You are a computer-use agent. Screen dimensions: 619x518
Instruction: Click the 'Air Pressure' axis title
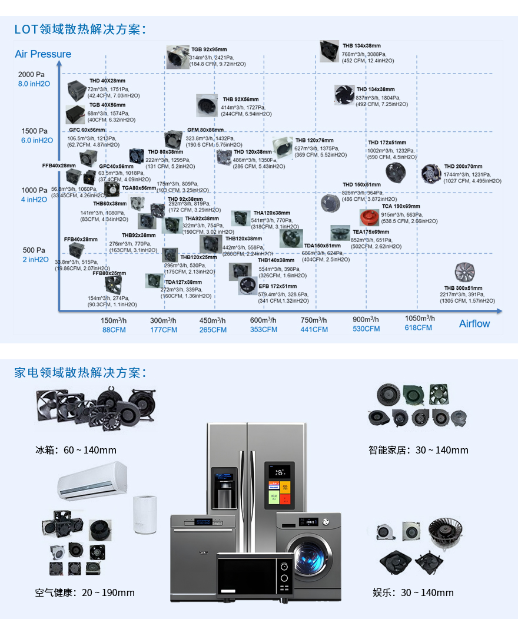43,54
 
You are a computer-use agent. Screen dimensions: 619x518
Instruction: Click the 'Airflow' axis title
474,323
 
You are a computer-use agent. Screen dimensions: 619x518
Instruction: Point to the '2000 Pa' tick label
31,74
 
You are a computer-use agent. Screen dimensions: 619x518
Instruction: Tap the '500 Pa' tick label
34,250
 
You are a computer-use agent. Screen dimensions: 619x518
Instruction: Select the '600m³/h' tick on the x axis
263,320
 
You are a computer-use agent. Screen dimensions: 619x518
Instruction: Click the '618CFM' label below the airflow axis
418,328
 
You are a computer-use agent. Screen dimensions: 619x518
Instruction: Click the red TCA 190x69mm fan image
370,217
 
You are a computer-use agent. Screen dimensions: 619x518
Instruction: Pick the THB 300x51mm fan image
464,272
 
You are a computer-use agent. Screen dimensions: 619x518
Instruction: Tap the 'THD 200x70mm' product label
463,167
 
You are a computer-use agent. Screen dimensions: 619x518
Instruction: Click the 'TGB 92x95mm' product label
209,49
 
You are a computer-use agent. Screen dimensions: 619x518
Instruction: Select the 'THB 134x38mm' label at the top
361,45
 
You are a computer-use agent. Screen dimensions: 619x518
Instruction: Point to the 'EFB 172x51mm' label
278,286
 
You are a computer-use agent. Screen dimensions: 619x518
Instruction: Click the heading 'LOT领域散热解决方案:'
80,29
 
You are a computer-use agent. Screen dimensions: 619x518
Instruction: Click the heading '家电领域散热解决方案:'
80,373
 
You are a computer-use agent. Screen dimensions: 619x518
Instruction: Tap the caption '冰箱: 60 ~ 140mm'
76,450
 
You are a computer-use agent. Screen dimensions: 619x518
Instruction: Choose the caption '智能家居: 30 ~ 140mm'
419,450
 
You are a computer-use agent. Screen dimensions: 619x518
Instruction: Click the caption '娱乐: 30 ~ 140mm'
413,592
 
